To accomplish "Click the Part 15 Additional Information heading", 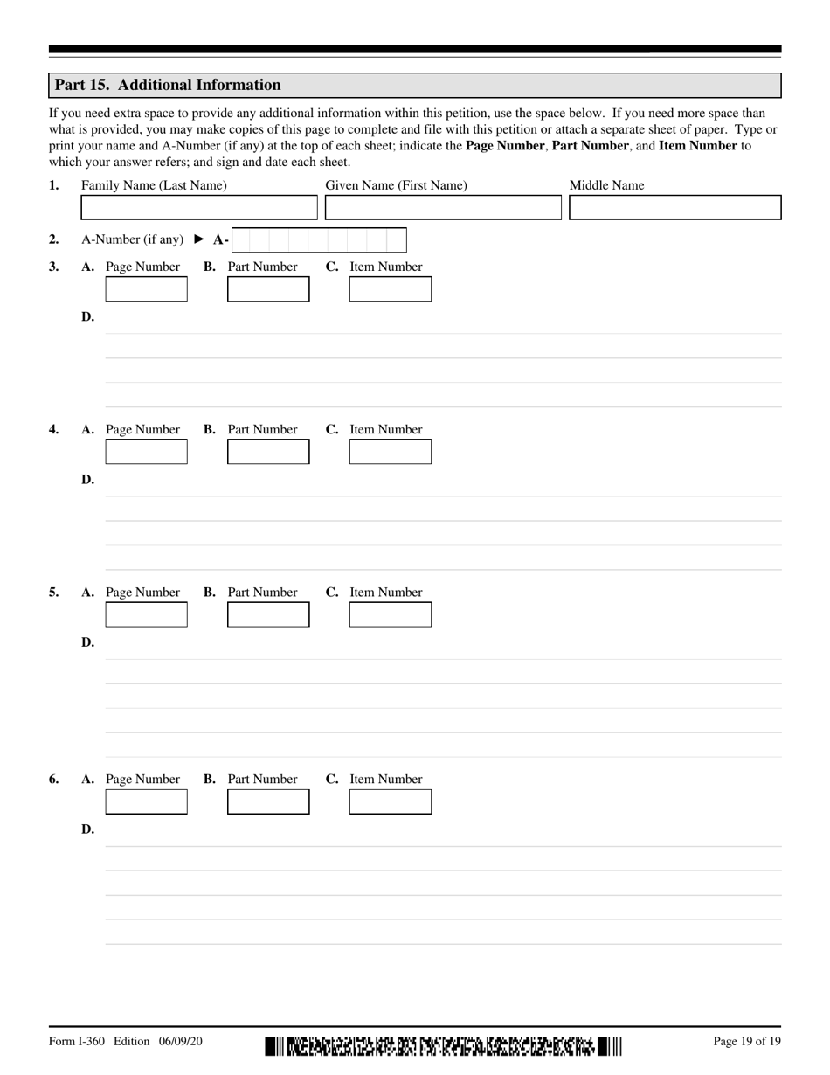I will point(168,85).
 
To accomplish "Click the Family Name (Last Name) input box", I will point(199,208).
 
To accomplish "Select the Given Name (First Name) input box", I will point(443,208).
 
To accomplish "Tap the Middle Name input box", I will point(674,208).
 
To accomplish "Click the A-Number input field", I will point(319,239).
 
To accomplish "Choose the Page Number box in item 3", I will point(146,289).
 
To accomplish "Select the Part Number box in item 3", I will point(268,289).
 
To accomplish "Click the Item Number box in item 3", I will point(391,289).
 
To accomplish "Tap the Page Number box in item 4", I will point(146,452).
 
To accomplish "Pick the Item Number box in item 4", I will point(391,452).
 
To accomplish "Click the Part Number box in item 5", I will point(268,614).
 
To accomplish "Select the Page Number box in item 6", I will point(146,801).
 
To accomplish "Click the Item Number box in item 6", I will point(391,801).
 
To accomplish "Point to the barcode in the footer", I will point(443,1045).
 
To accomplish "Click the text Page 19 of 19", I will point(747,1041).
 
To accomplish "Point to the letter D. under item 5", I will point(87,642).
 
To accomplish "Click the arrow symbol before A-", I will point(199,239).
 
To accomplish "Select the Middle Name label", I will point(606,185).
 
